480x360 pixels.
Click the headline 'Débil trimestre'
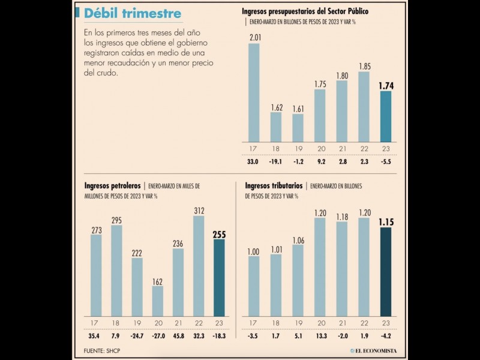click(x=133, y=13)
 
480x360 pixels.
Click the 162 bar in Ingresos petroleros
click(x=157, y=301)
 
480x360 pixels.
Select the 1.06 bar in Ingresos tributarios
click(x=298, y=280)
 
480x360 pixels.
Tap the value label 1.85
click(x=364, y=66)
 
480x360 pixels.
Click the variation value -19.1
click(x=276, y=161)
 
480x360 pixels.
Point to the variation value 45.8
click(x=178, y=337)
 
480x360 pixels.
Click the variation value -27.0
click(x=157, y=337)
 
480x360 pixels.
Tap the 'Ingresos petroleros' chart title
click(x=113, y=186)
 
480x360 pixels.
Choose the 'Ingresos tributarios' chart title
click(x=273, y=186)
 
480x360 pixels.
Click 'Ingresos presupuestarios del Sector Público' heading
click(x=305, y=11)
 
